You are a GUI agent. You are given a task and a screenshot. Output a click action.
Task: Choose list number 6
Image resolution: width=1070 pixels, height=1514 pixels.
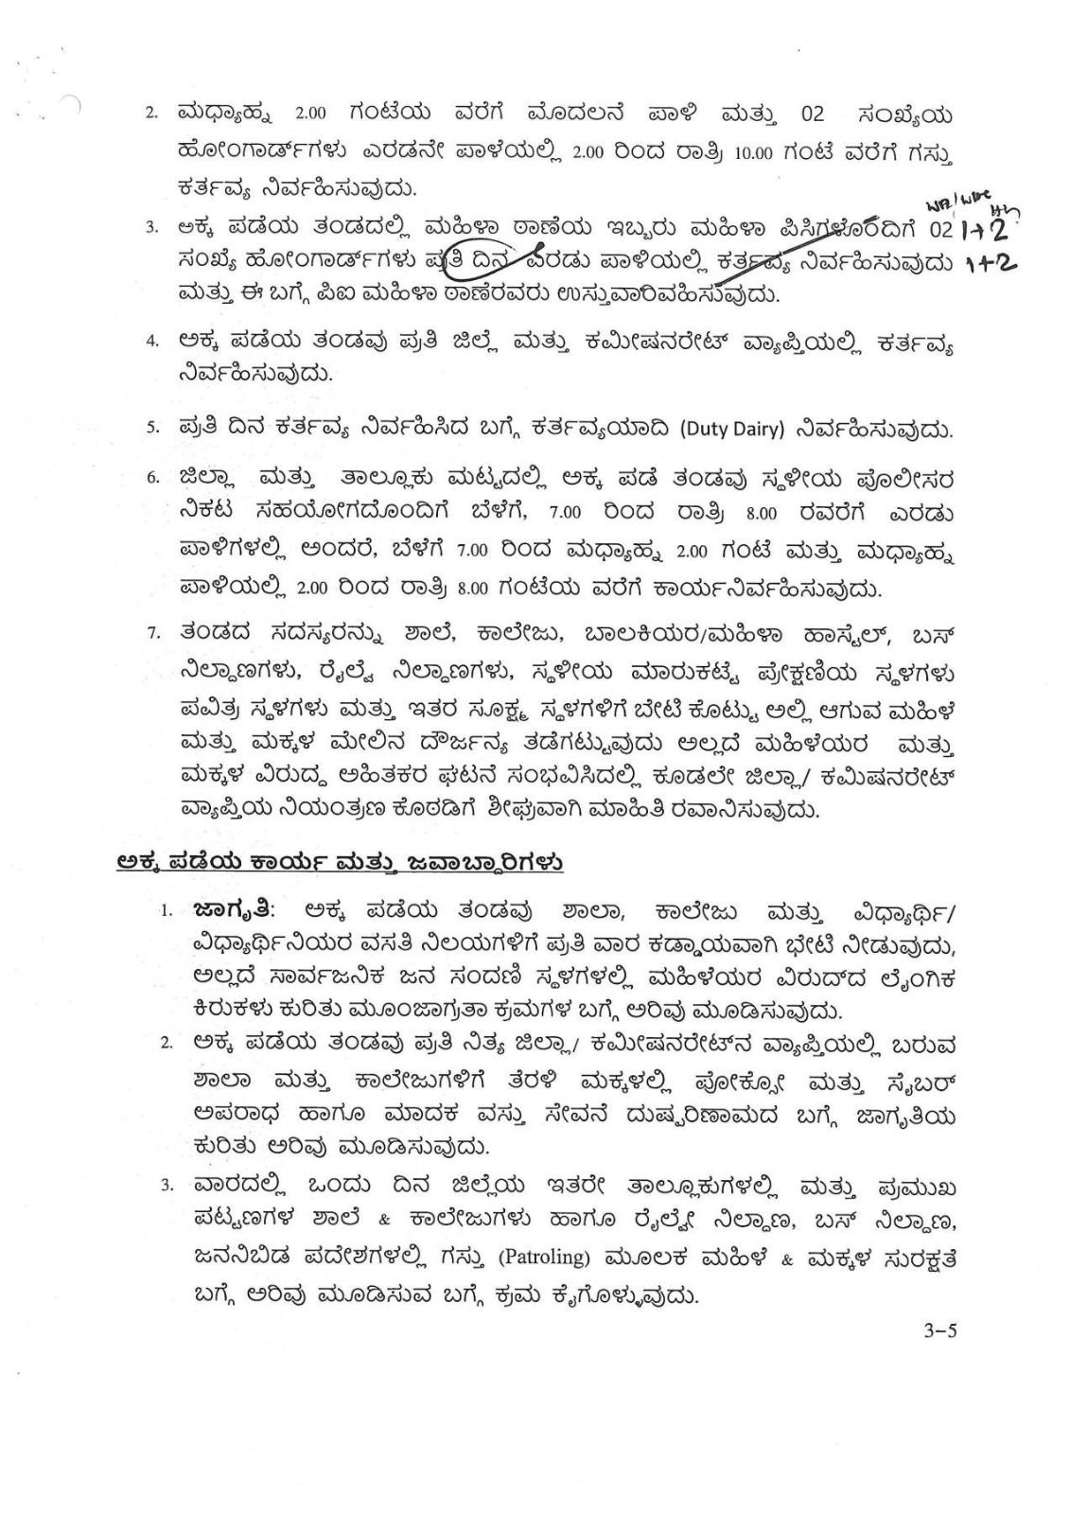(152, 478)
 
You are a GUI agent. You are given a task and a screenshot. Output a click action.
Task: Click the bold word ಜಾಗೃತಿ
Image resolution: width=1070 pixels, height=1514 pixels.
(232, 910)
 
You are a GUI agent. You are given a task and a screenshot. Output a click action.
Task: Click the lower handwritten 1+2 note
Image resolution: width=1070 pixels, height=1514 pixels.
(989, 268)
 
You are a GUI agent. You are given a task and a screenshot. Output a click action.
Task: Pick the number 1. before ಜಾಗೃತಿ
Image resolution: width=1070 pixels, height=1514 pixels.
(166, 911)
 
